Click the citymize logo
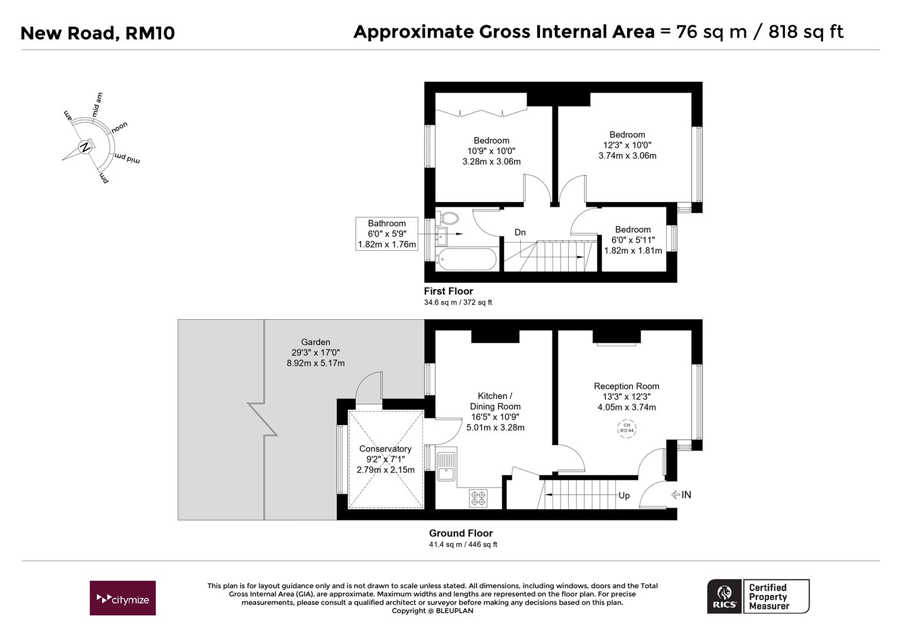[x=122, y=598]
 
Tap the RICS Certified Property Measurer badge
[x=758, y=597]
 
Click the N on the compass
[x=86, y=147]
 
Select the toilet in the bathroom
[x=449, y=218]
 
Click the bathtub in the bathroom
[x=467, y=259]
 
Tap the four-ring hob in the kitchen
[x=478, y=498]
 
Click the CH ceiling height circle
[x=627, y=428]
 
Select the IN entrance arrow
[x=681, y=495]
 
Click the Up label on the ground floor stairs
[x=624, y=495]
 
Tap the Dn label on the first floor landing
[x=520, y=233]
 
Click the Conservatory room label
[x=385, y=449]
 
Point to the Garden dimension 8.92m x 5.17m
[x=315, y=363]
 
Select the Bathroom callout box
[x=387, y=234]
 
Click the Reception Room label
[x=626, y=386]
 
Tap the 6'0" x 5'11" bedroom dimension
[x=633, y=240]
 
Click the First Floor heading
[x=448, y=291]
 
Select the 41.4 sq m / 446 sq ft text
[x=462, y=545]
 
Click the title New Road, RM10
[x=98, y=33]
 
